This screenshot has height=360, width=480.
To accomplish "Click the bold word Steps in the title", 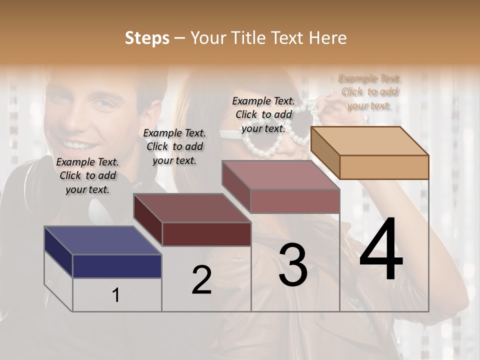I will (x=147, y=38).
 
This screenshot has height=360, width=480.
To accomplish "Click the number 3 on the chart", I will (x=293, y=265).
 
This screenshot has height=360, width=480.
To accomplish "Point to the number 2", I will (x=201, y=280).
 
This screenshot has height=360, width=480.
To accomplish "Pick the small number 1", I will (x=115, y=295).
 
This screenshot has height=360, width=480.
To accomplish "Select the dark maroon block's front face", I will (x=206, y=234).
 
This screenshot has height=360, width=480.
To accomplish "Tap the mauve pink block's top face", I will (x=280, y=175).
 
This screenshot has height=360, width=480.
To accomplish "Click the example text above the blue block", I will (x=87, y=175).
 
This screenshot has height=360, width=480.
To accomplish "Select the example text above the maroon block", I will (x=174, y=146).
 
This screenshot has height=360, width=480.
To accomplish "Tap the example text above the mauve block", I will (x=263, y=114).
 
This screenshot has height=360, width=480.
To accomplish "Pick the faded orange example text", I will (x=369, y=91).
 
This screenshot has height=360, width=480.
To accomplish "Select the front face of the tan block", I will (x=384, y=166).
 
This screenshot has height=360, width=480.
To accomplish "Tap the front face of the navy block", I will (x=117, y=266).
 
